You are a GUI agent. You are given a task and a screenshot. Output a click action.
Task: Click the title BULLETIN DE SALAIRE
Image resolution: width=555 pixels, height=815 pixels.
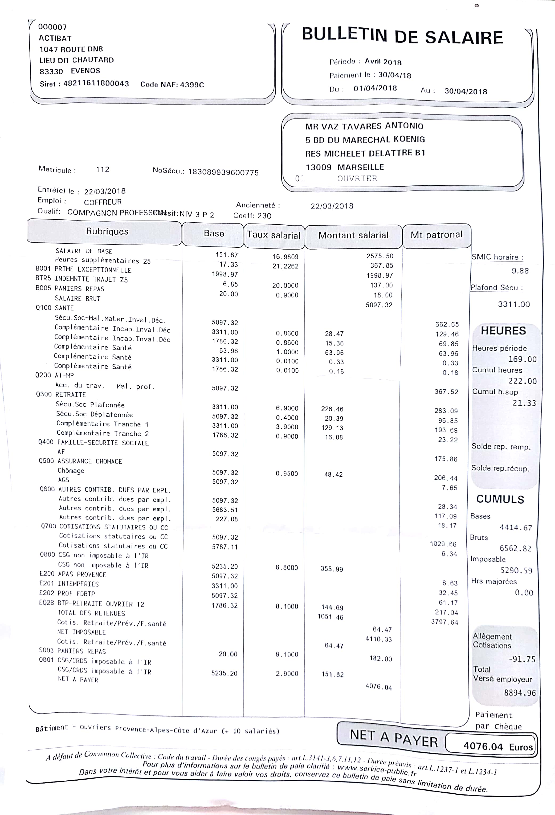pos(402,36)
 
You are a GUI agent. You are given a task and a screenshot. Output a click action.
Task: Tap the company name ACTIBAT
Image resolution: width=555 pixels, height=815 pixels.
pos(55,38)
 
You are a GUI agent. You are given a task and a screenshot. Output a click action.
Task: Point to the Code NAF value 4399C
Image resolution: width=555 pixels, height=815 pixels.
pos(192,84)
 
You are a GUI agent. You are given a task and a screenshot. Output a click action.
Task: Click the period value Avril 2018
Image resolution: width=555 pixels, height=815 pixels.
pos(383,62)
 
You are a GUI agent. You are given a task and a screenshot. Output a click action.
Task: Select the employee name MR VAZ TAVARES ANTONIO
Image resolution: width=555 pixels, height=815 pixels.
pos(364,126)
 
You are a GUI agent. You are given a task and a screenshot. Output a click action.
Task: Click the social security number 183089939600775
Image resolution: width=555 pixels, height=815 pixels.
pos(223,172)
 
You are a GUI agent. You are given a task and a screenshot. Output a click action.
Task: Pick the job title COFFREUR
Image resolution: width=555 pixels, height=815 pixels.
pos(103,202)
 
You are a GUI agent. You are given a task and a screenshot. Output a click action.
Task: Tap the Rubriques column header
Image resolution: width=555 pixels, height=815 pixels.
pos(107,231)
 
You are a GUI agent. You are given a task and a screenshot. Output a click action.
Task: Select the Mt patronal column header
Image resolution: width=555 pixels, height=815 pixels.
pos(436,235)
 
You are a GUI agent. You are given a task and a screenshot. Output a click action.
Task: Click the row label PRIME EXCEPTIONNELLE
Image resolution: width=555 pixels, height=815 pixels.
pos(93,270)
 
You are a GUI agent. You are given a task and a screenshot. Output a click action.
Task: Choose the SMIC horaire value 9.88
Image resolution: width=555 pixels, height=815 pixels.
pos(520,271)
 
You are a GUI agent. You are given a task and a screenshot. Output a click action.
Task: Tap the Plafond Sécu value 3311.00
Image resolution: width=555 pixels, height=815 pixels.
pos(514,304)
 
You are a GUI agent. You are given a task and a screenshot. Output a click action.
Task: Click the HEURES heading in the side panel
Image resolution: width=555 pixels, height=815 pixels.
pos(503,331)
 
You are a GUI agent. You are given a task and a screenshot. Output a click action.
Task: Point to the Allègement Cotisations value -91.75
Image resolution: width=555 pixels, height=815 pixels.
pos(522,659)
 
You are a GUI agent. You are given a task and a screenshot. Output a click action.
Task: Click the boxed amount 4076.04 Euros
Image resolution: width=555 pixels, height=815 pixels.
pos(497,746)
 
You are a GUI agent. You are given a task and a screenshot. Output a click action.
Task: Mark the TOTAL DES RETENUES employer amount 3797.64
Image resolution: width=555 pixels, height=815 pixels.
pos(444,622)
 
